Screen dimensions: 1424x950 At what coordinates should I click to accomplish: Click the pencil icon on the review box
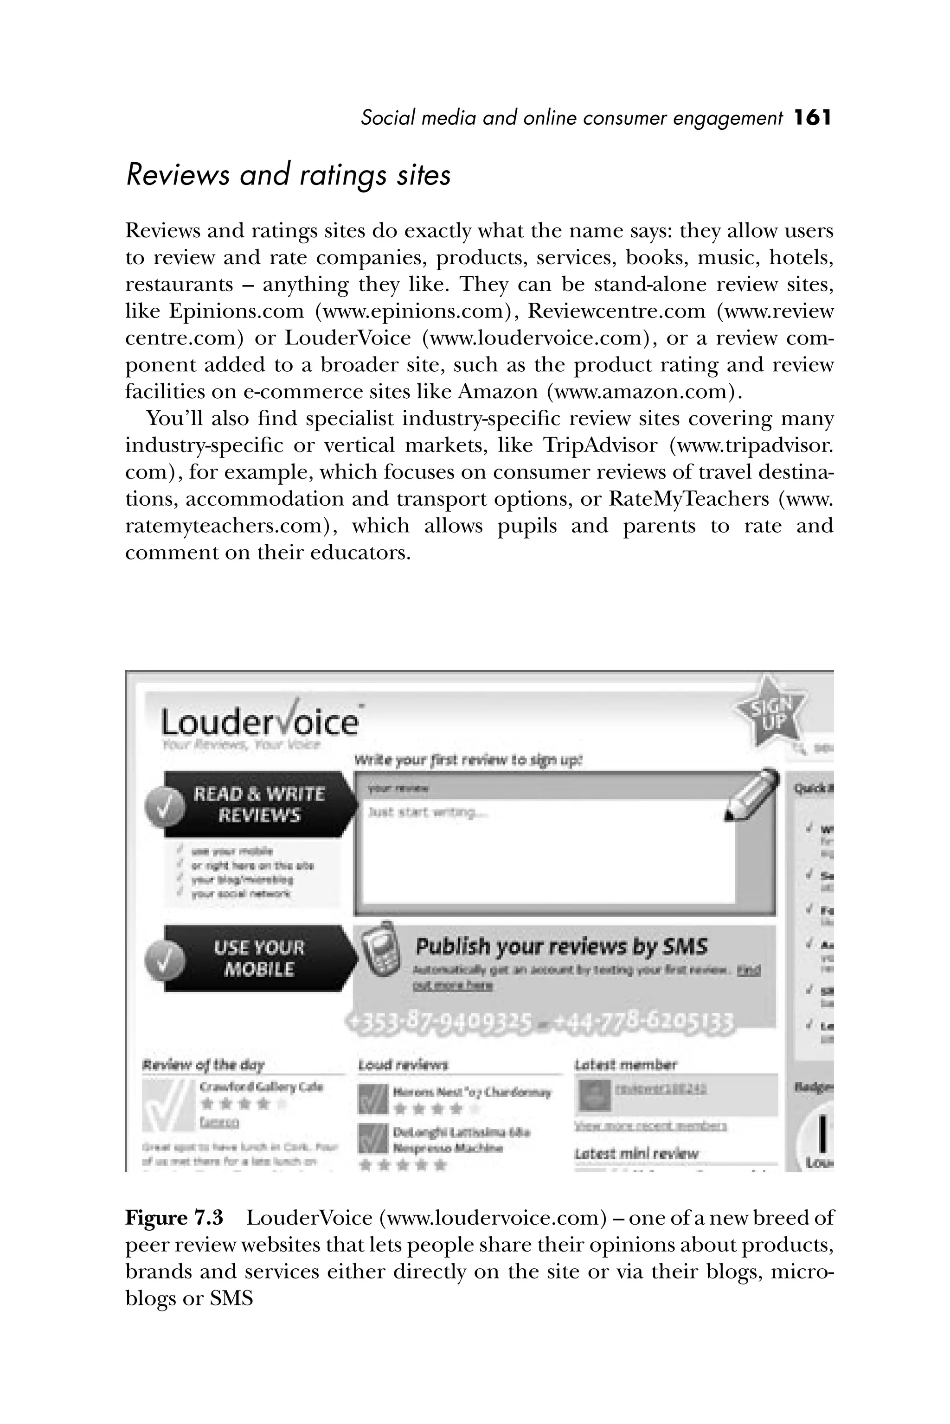click(752, 795)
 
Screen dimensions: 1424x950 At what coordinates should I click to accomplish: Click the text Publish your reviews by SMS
click(561, 946)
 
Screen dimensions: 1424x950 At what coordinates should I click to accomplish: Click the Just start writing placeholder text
click(427, 813)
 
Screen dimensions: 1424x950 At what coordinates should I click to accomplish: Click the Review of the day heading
click(203, 1064)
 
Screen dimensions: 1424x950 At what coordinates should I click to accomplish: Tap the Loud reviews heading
click(403, 1064)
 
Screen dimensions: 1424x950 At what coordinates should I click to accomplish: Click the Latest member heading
click(625, 1064)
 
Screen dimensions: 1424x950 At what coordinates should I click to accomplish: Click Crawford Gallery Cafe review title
click(261, 1087)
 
